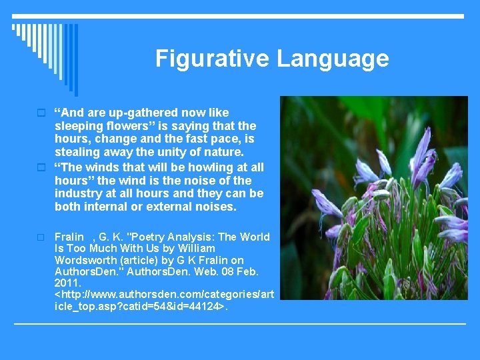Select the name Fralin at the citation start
coord(69,237)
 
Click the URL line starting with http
coord(164,294)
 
